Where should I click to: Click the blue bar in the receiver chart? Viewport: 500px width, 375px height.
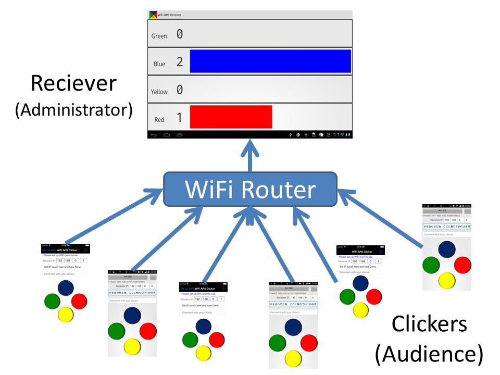(x=270, y=61)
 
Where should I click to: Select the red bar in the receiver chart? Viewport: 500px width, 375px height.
(x=231, y=116)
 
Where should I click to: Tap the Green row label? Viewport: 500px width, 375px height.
(x=159, y=36)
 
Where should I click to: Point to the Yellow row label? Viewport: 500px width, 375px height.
(x=159, y=92)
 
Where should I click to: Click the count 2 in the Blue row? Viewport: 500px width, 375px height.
(x=180, y=62)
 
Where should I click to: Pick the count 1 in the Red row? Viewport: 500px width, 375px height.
(x=180, y=118)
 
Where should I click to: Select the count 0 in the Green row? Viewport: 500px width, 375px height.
(x=180, y=34)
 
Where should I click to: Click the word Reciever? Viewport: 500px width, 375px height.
(x=73, y=84)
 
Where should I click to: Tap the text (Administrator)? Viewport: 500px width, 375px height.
(x=73, y=109)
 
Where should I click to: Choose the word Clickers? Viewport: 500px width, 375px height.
(x=429, y=324)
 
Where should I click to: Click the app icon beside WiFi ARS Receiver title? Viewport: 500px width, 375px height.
(x=153, y=15)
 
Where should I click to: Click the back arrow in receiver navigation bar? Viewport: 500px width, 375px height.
(x=153, y=135)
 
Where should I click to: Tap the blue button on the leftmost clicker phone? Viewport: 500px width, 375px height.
(x=66, y=287)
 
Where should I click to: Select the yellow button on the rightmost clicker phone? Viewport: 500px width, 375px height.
(x=447, y=280)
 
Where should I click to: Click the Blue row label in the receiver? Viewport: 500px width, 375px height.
(x=159, y=64)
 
